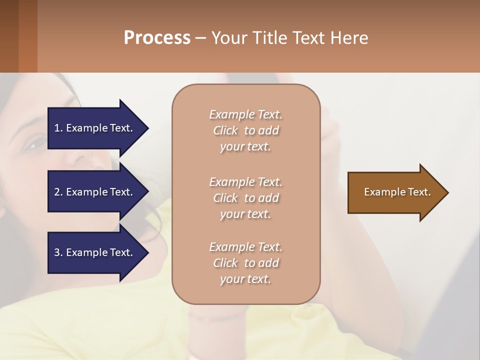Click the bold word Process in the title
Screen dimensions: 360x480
click(157, 38)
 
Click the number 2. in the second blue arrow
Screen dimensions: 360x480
click(58, 192)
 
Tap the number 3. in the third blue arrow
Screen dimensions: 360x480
click(58, 252)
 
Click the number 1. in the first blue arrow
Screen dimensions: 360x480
click(58, 128)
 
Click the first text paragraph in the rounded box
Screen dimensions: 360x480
click(245, 130)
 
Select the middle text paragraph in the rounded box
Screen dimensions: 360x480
click(245, 198)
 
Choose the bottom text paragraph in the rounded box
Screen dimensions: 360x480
click(245, 263)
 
